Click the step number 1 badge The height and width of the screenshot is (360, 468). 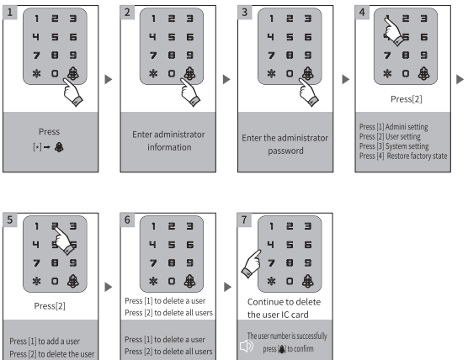coord(9,13)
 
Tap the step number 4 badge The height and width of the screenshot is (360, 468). coord(362,13)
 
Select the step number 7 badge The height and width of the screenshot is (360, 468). coord(244,220)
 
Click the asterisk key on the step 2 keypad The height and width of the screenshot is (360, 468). coord(153,73)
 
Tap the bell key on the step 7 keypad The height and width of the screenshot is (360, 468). coord(308,281)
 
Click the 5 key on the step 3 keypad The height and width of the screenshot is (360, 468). coord(290,37)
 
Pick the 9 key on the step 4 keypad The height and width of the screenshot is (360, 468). coord(424,56)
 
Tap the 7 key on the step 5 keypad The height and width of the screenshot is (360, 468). coord(36,263)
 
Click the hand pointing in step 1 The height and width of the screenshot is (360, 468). coord(72,92)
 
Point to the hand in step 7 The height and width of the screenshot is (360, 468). coord(252,263)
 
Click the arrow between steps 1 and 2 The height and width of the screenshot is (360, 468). coord(109,79)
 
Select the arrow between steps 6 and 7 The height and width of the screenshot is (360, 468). coord(227,287)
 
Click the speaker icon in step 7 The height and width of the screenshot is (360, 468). coord(247,346)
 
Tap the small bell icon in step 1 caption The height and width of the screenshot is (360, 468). coord(59,147)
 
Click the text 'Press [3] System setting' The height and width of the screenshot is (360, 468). coord(394,146)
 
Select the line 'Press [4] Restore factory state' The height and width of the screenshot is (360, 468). coord(403,156)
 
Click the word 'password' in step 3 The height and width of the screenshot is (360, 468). coord(285,151)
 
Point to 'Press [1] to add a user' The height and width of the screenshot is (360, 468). coord(45,341)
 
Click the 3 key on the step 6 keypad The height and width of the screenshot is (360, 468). coord(190,226)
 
